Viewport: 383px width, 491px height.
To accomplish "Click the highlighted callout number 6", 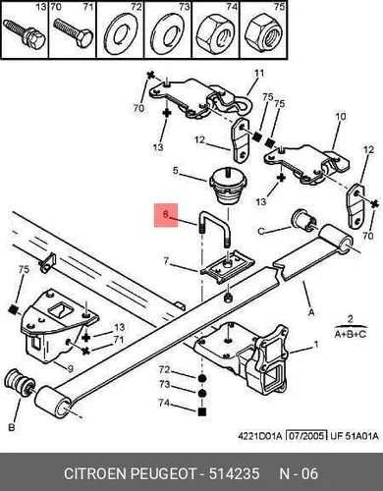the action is click(166, 214).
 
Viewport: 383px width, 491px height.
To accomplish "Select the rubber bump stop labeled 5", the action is click(227, 186).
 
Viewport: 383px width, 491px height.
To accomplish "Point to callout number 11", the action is click(259, 73).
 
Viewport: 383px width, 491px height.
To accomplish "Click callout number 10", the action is click(341, 117).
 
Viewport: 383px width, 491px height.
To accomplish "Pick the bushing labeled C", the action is click(303, 220).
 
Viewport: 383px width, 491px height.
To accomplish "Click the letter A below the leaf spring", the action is click(311, 312).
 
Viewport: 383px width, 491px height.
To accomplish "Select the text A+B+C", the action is click(350, 334).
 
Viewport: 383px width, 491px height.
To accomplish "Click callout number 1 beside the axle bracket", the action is click(316, 345).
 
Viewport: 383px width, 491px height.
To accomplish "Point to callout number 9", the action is click(70, 368).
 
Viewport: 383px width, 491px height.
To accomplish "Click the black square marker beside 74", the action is click(202, 411).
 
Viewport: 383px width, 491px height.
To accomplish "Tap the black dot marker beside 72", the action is click(202, 378).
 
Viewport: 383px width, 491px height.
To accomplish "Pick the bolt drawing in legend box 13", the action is click(25, 32).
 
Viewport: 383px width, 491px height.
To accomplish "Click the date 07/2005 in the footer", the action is click(306, 436).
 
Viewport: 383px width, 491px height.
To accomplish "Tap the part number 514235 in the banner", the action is click(234, 473).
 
